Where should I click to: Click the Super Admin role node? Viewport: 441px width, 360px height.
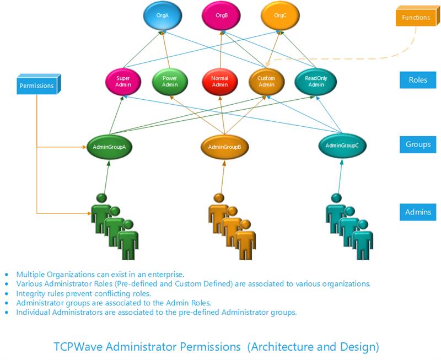pyautogui.click(x=123, y=82)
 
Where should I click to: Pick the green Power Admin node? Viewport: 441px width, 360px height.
pyautogui.click(x=169, y=82)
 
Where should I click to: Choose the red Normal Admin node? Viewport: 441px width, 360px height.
pyautogui.click(x=220, y=82)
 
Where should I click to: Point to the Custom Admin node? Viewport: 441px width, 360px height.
pyautogui.click(x=266, y=82)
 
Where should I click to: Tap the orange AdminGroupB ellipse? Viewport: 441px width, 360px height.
pyautogui.click(x=224, y=147)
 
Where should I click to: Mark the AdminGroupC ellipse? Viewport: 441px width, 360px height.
pyautogui.click(x=342, y=146)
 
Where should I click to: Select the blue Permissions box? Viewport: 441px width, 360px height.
pyautogui.click(x=37, y=85)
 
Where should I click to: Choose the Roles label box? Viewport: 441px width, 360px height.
pyautogui.click(x=418, y=80)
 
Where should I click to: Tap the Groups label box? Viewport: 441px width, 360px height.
pyautogui.click(x=418, y=144)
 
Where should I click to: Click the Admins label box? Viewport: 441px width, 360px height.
pyautogui.click(x=418, y=212)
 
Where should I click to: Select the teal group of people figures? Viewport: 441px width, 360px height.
pyautogui.click(x=349, y=225)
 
